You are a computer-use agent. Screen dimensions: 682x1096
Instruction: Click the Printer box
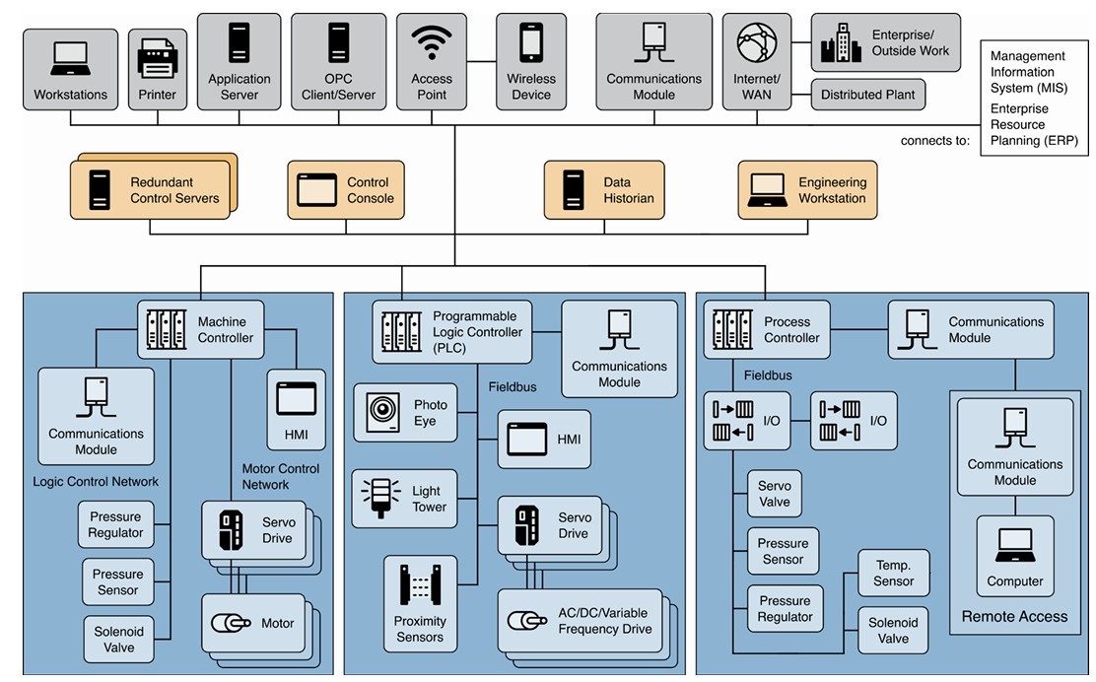coord(157,69)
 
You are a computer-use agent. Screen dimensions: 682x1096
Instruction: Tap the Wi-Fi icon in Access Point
coord(432,42)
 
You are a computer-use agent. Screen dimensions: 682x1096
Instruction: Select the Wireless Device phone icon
coord(531,42)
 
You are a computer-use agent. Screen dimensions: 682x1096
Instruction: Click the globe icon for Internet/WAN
coord(757,42)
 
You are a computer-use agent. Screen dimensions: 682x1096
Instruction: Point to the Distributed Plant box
coord(867,96)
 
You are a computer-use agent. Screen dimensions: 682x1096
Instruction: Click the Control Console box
coord(346,190)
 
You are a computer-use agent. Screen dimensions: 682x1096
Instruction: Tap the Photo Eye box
coord(406,413)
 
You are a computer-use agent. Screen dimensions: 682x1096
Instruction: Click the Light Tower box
coord(405,499)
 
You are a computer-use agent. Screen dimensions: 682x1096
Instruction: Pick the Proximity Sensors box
coord(420,603)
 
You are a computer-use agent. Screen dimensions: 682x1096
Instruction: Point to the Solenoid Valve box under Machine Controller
coord(119,639)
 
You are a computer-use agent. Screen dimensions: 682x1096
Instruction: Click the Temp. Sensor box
coord(893,574)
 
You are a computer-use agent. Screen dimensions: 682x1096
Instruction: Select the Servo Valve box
coord(775,494)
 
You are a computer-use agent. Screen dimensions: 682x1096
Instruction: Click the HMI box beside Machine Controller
coord(296,410)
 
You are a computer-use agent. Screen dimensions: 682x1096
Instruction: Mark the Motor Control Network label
coord(280,477)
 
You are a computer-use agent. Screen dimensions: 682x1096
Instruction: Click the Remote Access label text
coord(1014,617)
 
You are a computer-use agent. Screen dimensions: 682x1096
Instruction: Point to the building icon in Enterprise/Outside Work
coord(840,44)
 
